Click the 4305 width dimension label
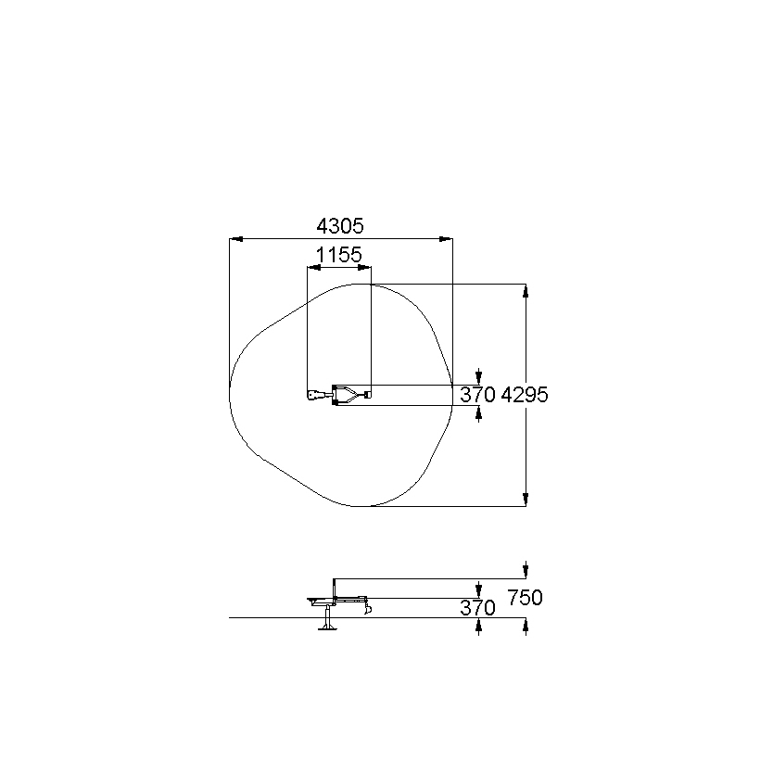[339, 226]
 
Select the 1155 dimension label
[338, 256]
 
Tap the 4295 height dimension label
[525, 395]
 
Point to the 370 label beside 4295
[477, 395]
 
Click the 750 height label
[525, 598]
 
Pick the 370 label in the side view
[477, 608]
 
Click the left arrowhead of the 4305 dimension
[236, 239]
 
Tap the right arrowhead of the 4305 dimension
[446, 239]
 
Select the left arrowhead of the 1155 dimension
[314, 268]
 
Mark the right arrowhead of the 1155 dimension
[364, 268]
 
